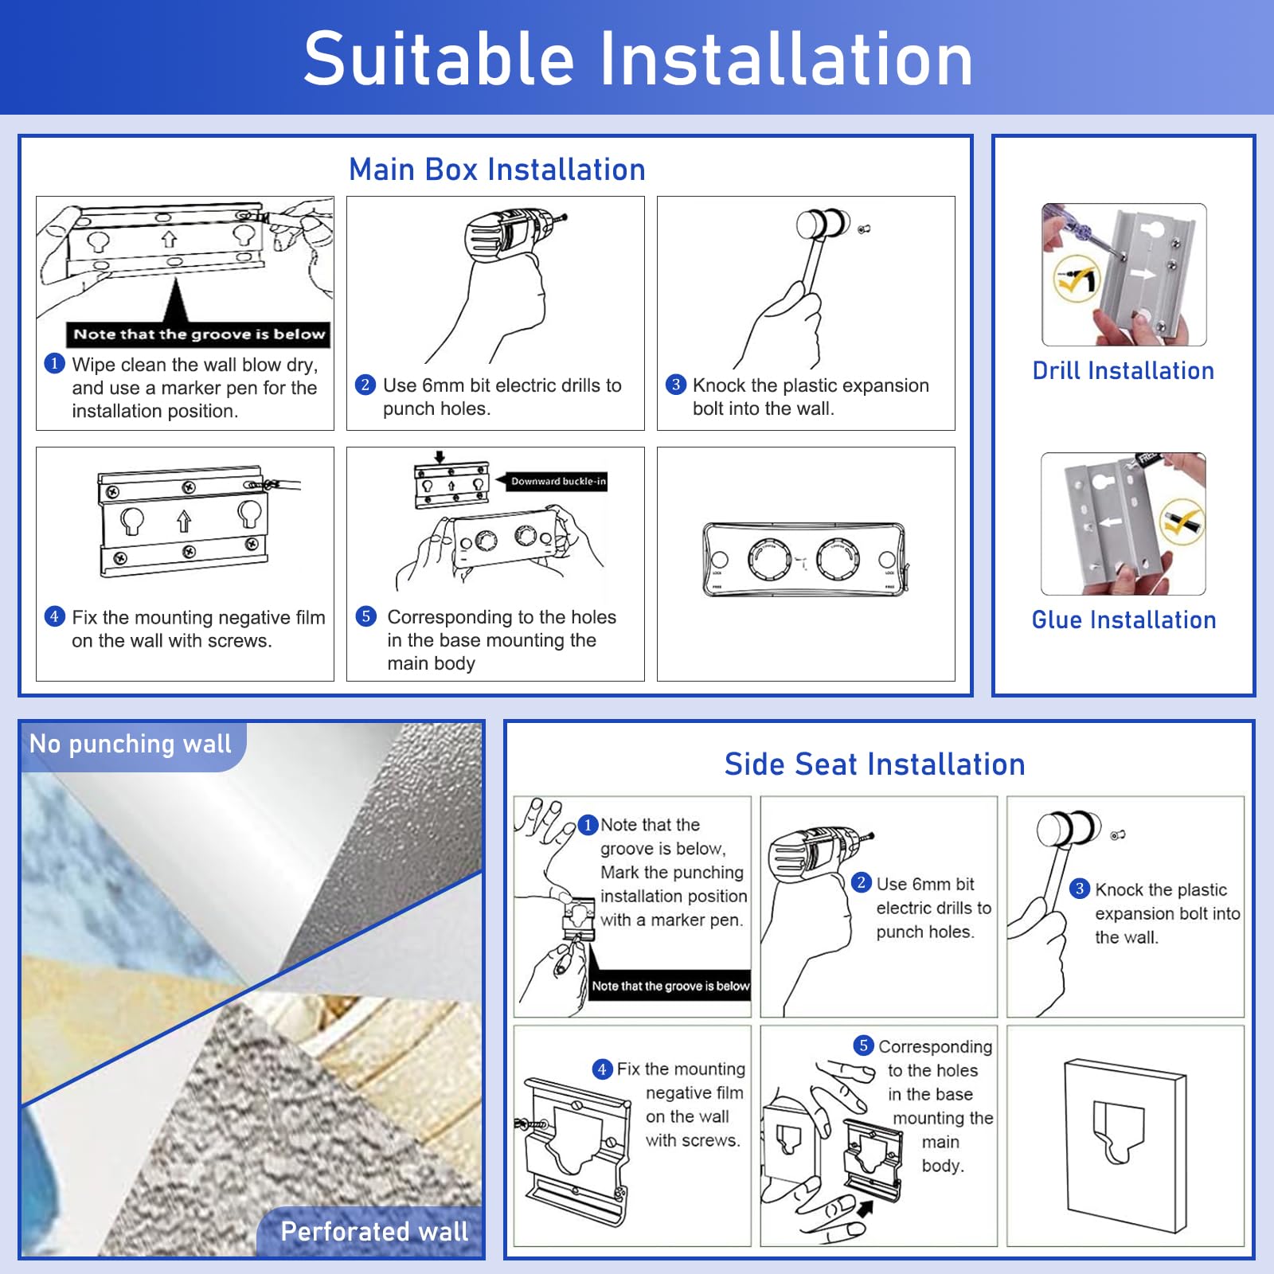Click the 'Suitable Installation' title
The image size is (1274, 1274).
click(637, 59)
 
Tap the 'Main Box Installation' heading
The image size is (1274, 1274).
click(497, 170)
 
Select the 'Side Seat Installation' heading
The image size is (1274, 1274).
click(874, 764)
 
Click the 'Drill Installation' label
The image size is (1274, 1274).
click(1123, 371)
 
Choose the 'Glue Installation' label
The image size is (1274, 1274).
click(1124, 620)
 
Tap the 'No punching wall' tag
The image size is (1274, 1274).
click(131, 744)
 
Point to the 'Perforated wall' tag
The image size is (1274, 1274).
click(374, 1232)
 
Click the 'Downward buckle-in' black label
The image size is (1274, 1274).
click(557, 481)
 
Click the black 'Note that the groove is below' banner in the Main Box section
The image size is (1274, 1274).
click(199, 334)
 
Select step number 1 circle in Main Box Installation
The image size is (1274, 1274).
click(54, 364)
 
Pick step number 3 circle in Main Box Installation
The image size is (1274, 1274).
click(675, 385)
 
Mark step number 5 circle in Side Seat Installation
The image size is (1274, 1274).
click(863, 1045)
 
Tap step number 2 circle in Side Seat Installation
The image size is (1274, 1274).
click(861, 882)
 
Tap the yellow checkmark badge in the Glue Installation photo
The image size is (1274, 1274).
click(1182, 522)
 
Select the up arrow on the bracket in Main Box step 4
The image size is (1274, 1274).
click(184, 522)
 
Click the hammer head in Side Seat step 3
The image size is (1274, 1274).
click(1068, 830)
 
